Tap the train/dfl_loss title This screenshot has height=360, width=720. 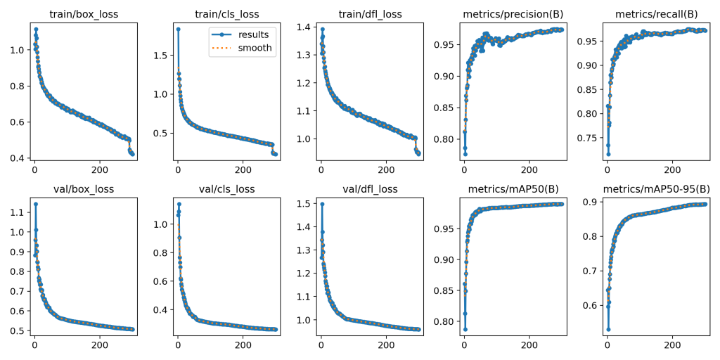[x=371, y=14]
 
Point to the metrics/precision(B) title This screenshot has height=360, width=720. [x=513, y=14]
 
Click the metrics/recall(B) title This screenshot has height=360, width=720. [x=657, y=14]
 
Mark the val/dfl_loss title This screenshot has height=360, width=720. [x=371, y=188]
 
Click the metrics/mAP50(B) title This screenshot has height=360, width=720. [x=513, y=188]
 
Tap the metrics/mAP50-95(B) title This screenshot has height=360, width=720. [x=657, y=188]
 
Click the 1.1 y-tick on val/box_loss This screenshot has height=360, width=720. [x=16, y=212]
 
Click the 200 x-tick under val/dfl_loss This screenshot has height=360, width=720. [x=386, y=345]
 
